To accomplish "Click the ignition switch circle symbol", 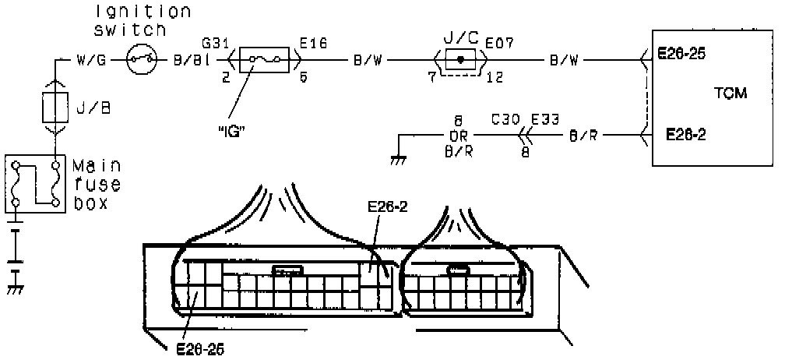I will pyautogui.click(x=143, y=58).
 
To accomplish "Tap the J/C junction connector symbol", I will pyautogui.click(x=461, y=58).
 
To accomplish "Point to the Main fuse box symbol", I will pyautogui.click(x=34, y=183).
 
